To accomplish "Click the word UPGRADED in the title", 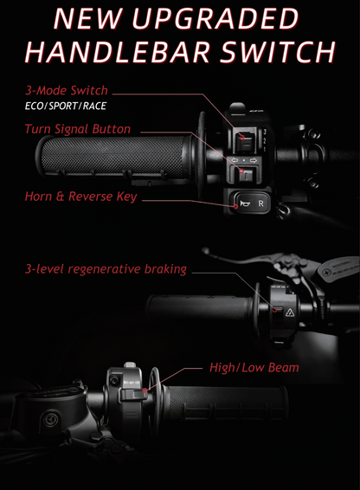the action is pyautogui.click(x=215, y=19).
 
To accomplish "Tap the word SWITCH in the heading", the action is pyautogui.click(x=277, y=52).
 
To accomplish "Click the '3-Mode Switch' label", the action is pyautogui.click(x=67, y=90).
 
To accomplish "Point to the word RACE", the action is pyautogui.click(x=94, y=106).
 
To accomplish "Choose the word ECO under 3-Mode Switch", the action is pyautogui.click(x=34, y=106).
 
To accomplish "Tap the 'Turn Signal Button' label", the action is pyautogui.click(x=78, y=129).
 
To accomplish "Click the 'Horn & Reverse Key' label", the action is pyautogui.click(x=81, y=197).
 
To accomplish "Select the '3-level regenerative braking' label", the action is pyautogui.click(x=106, y=269).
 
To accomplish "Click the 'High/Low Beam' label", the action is pyautogui.click(x=254, y=367).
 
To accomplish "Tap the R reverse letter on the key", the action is pyautogui.click(x=260, y=203).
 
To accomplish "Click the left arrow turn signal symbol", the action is pyautogui.click(x=235, y=160).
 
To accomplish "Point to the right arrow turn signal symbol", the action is pyautogui.click(x=254, y=160).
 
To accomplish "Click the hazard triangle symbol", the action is pyautogui.click(x=290, y=313).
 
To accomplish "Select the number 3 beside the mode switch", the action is pyautogui.click(x=265, y=132).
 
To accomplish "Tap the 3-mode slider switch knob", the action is pyautogui.click(x=245, y=141).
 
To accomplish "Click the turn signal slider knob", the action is pyautogui.click(x=246, y=176).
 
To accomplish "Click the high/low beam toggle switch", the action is pyautogui.click(x=134, y=395).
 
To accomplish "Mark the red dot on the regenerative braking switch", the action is pyautogui.click(x=274, y=310).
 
